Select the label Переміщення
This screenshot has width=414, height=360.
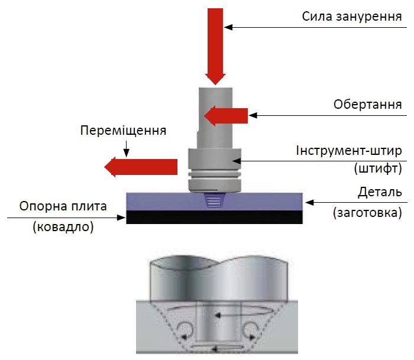pyautogui.click(x=123, y=129)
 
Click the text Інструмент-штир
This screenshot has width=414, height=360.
pyautogui.click(x=349, y=150)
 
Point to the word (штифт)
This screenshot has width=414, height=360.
pyautogui.click(x=377, y=168)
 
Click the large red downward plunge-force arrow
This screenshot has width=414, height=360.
pyautogui.click(x=215, y=44)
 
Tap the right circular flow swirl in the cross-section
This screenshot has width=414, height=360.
pyautogui.click(x=250, y=329)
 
